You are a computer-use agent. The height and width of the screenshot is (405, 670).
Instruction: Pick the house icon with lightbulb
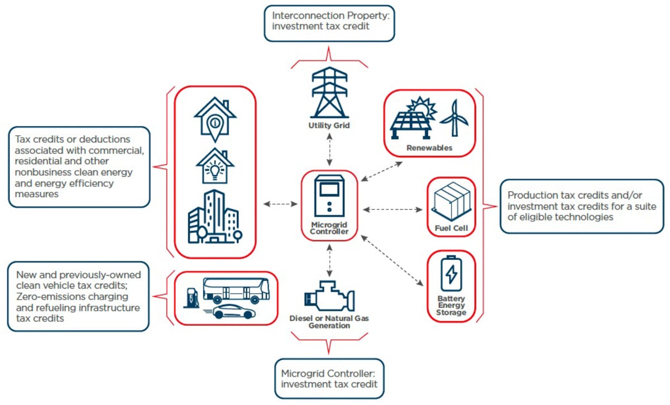[x=215, y=166]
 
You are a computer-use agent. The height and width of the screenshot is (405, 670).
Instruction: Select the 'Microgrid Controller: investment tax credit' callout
[x=329, y=378]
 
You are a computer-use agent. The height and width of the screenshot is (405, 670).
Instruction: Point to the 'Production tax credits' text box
[x=581, y=206]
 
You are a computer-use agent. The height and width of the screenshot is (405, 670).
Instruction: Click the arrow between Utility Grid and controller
[x=329, y=150]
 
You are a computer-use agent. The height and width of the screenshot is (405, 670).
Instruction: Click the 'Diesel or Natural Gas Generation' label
[x=329, y=322]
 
